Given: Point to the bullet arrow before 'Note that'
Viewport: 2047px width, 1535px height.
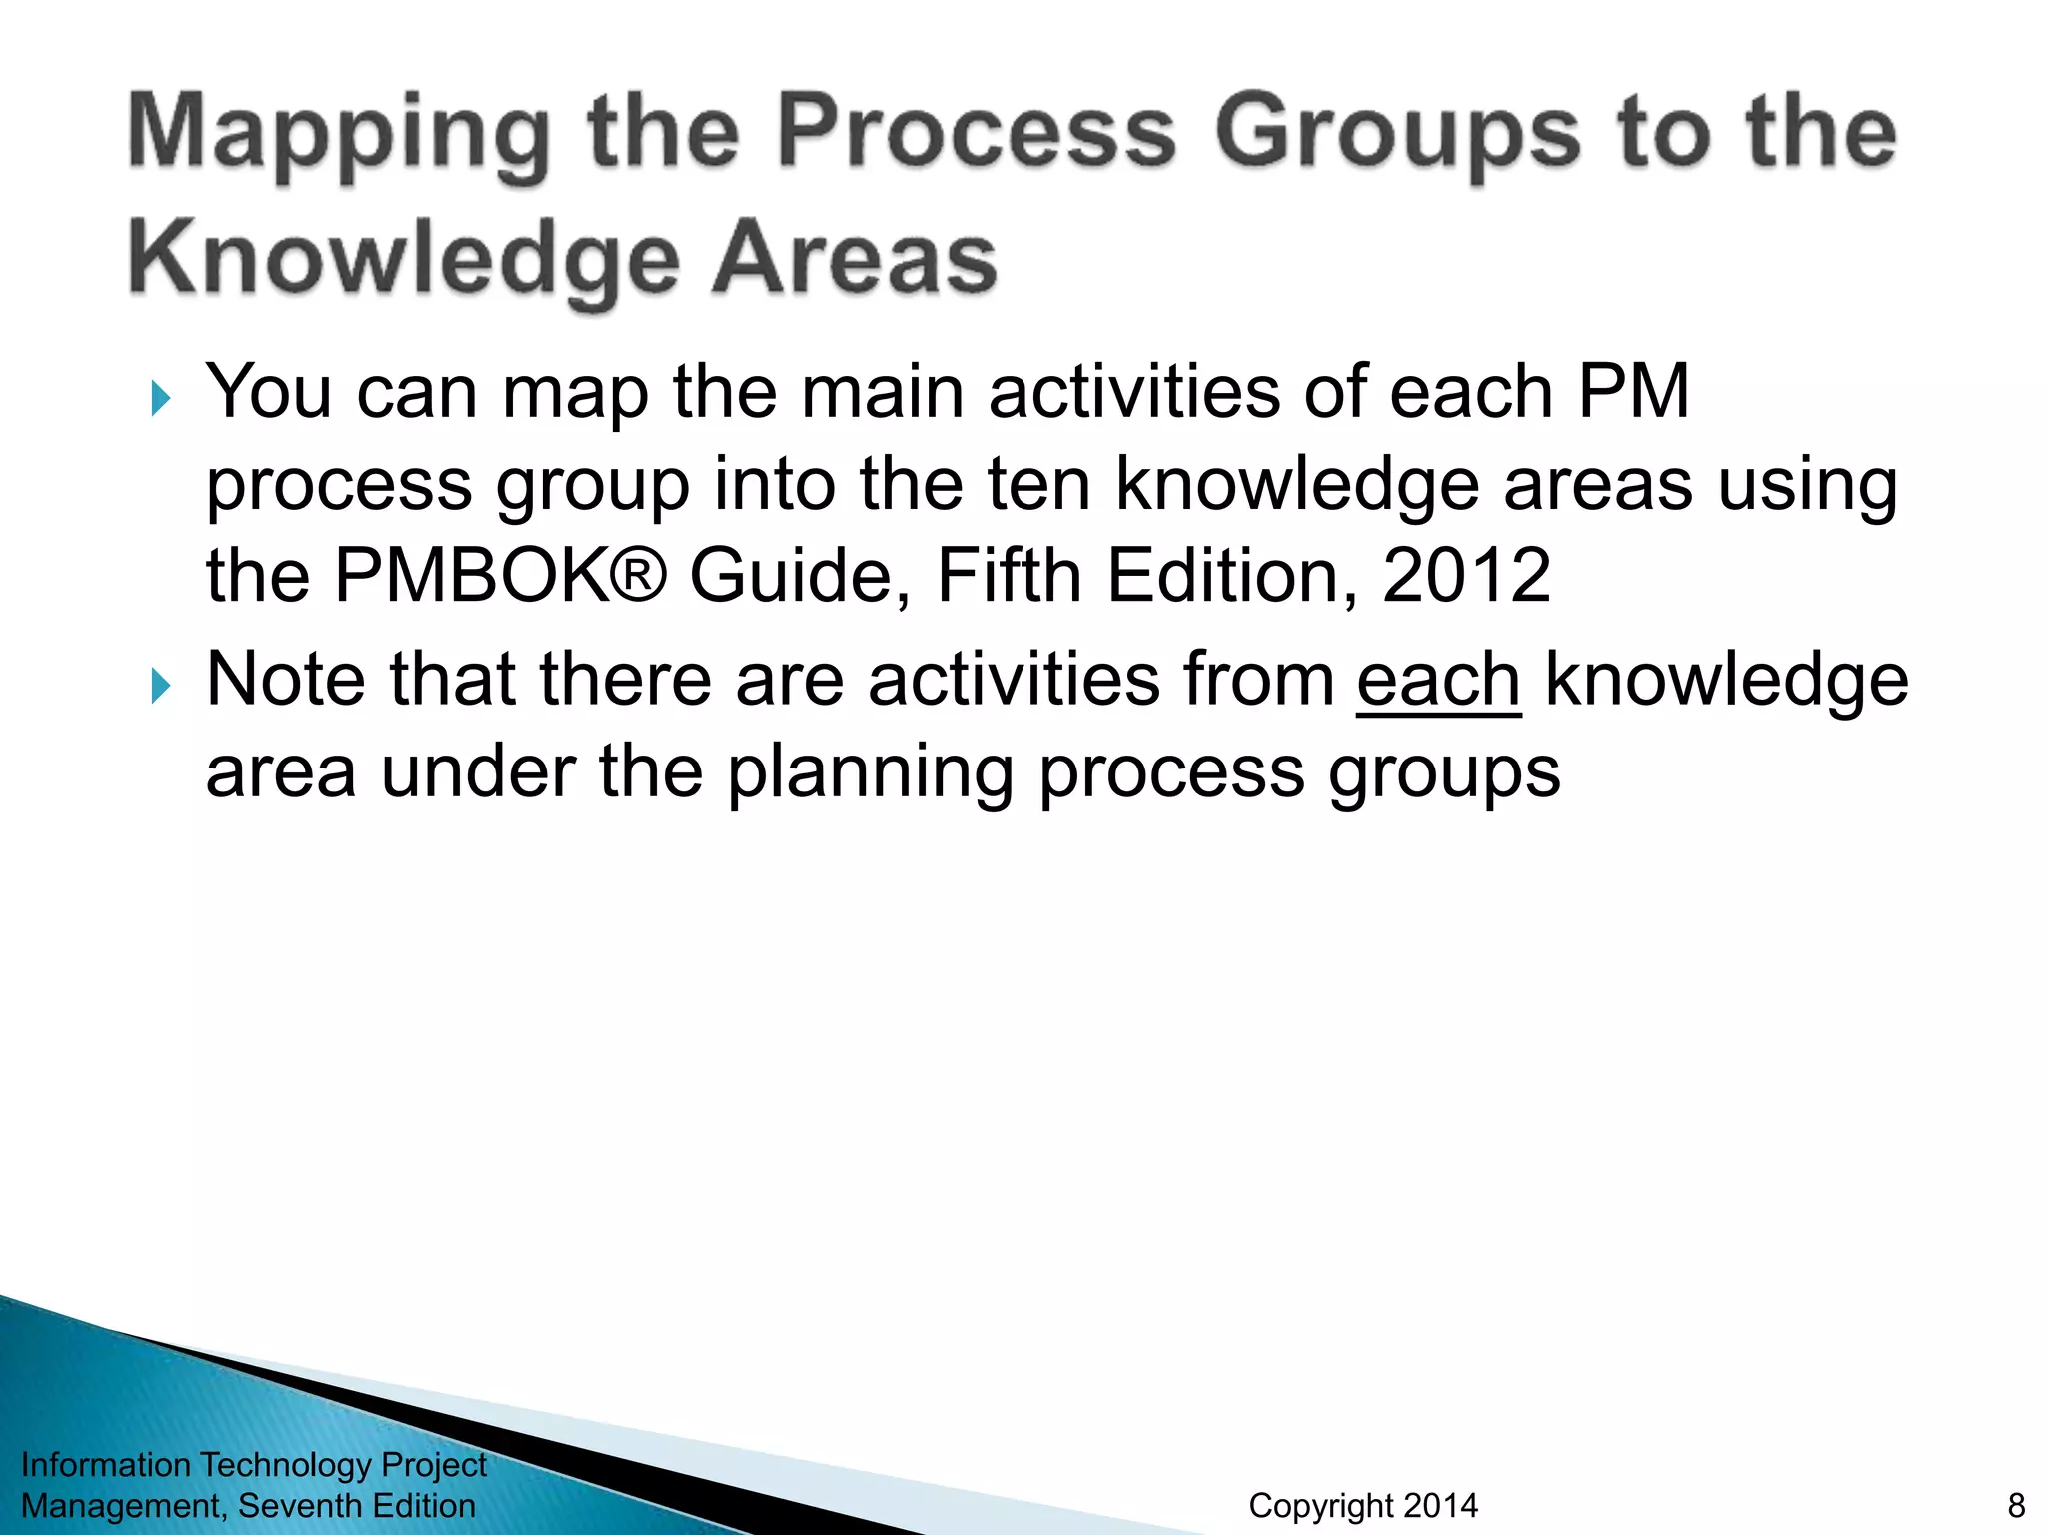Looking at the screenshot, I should pos(161,686).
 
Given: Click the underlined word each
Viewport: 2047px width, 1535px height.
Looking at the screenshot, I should pos(1438,680).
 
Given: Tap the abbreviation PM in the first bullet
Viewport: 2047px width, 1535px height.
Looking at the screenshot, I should pos(1633,391).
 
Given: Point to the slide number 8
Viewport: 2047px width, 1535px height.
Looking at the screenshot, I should pos(2016,1505).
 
